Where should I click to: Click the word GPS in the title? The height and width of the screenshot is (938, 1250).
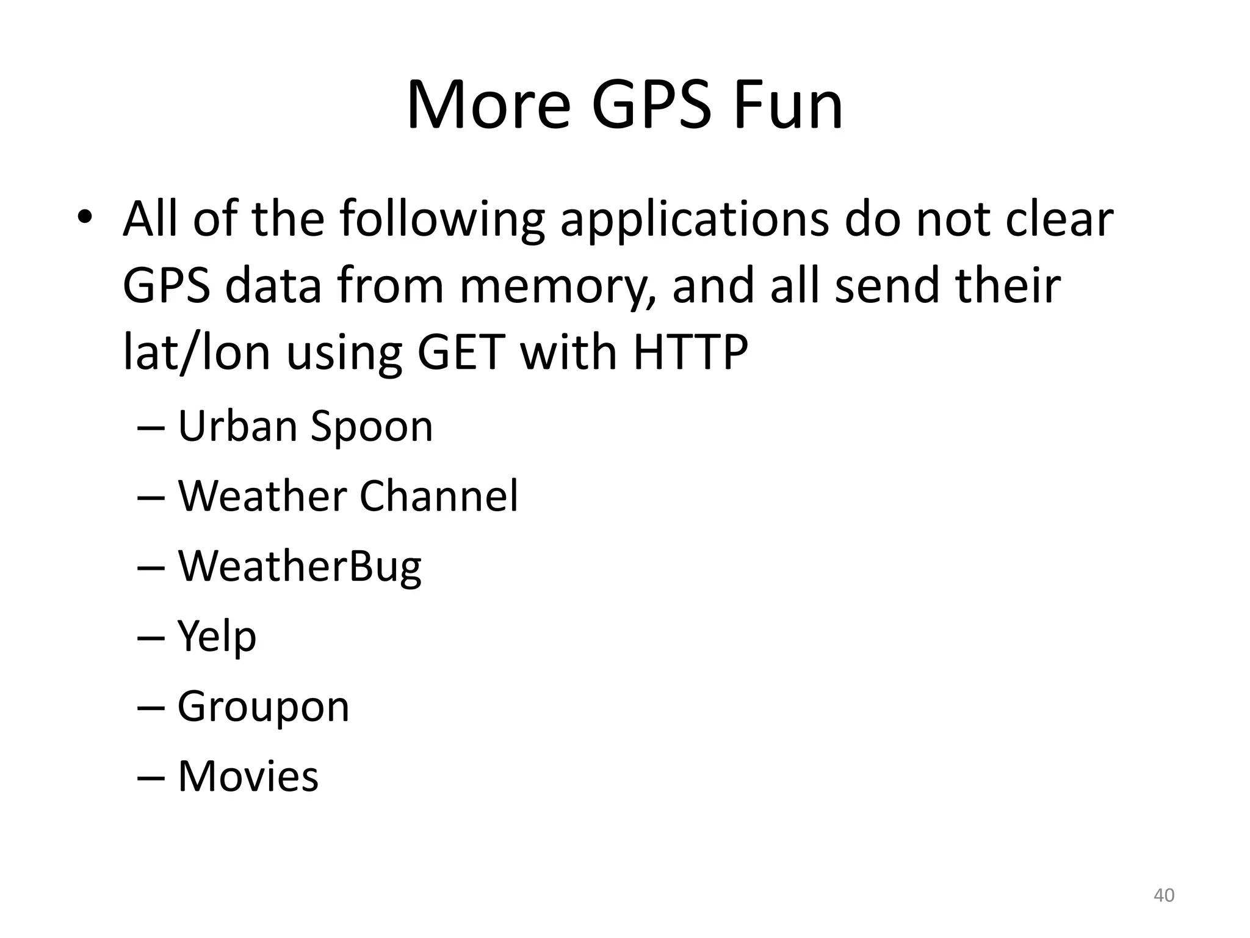652,105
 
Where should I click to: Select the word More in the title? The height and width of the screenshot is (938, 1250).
488,105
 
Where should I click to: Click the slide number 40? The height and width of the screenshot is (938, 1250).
1164,895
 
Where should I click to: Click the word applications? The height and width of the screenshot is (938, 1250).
695,220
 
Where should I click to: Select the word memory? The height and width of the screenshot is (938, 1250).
558,287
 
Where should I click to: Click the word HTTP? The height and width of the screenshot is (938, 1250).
690,353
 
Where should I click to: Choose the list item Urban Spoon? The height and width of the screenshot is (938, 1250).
305,426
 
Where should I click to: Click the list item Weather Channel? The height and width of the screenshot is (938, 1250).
348,495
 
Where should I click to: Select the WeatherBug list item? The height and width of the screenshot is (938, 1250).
299,566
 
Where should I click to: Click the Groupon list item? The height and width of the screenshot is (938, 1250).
263,707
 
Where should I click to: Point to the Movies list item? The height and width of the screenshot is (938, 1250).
248,776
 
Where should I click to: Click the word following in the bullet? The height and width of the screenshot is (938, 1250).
442,220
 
